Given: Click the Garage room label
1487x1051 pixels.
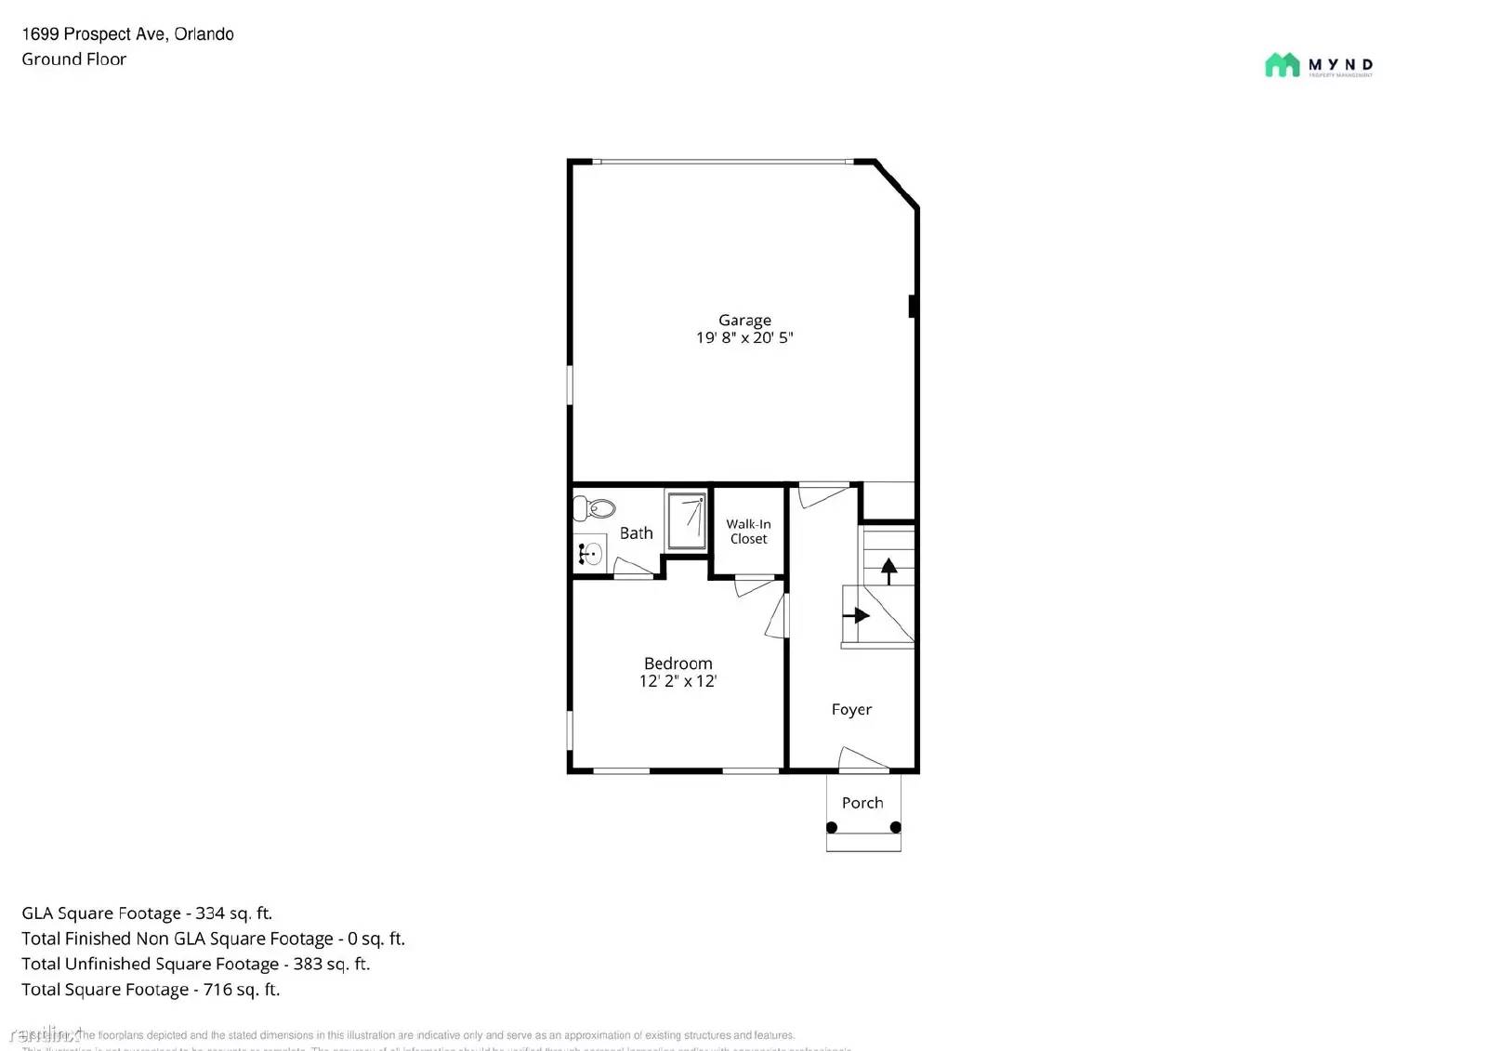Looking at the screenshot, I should pos(744,320).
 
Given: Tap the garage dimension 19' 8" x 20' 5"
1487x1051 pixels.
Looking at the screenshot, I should pos(744,338).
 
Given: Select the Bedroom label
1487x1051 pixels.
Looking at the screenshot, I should pos(678,663).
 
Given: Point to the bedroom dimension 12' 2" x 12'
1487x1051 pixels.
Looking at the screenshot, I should pos(678,681).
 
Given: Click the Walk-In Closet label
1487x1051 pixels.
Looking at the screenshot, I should pos(748,532).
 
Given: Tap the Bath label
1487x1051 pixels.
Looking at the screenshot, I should pos(636,533).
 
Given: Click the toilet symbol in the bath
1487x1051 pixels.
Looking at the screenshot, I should pos(596,508).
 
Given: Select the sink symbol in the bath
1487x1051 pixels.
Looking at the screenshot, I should pos(589,554).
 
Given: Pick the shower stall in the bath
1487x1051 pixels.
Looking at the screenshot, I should pos(687,521).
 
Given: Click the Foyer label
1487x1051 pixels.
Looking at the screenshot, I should pos(851,710).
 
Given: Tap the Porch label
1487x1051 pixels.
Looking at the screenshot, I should pos(862,803).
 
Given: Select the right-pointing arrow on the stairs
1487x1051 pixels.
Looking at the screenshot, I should pos(856,615).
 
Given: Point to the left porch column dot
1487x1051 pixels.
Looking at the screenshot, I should pos(832,827).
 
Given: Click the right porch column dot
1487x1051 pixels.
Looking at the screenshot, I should pos(895,827).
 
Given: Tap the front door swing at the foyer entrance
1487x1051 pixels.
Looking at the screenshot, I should pos(862,759).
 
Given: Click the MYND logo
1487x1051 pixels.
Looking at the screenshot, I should pos(1319,65).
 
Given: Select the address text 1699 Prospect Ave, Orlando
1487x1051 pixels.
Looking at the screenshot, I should pos(127,34).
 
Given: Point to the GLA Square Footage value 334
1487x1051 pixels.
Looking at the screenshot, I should pos(209,913).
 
